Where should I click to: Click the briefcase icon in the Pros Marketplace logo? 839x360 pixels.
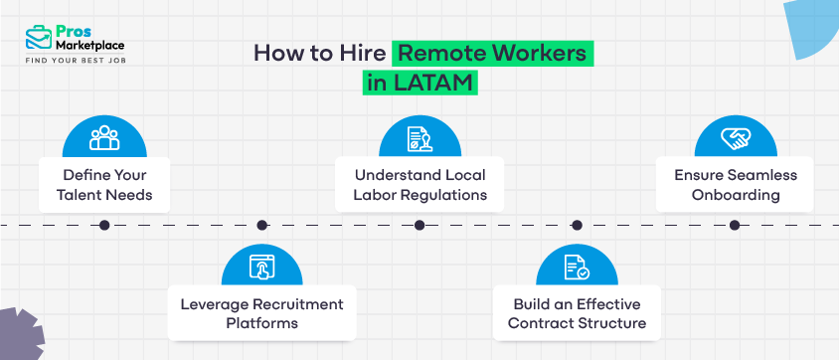39,38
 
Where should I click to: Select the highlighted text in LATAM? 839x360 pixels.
420,83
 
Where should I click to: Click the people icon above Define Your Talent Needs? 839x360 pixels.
104,138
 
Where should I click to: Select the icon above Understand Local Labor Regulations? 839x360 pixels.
419,138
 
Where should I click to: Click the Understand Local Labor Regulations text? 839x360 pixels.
419,184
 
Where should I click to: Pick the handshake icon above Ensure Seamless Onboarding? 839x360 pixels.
735,138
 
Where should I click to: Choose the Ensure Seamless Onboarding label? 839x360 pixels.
735,184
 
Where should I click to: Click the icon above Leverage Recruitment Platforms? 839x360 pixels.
261,266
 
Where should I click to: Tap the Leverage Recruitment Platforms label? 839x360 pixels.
261,313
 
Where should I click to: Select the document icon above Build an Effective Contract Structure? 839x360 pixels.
577,266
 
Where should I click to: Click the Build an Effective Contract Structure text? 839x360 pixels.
577,313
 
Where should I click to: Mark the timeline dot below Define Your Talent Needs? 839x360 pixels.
104,226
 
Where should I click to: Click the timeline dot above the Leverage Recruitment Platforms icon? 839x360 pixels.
261,226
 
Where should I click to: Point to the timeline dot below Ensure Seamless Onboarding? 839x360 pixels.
735,226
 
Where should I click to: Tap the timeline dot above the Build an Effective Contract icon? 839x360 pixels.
577,226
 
